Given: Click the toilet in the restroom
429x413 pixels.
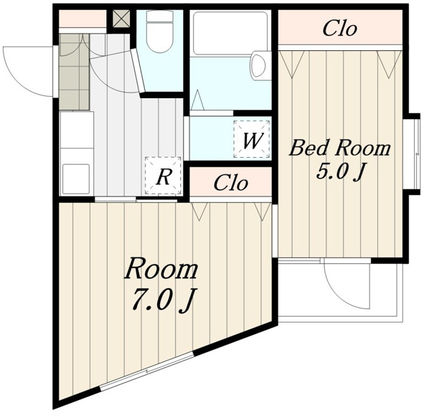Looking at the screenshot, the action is click(x=160, y=32).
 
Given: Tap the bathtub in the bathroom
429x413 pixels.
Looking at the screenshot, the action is click(x=230, y=33).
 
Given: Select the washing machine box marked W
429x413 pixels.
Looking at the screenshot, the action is click(x=252, y=139).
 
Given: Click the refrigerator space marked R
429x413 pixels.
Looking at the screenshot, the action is click(x=163, y=176).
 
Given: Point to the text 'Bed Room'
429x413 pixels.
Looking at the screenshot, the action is click(x=340, y=148).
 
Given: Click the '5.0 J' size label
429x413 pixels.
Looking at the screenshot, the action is click(x=341, y=172).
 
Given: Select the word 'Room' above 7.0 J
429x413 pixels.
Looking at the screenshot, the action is click(x=161, y=269).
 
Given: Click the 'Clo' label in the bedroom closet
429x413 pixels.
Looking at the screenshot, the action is click(x=340, y=29).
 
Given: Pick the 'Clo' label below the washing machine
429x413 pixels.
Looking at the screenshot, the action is click(x=231, y=182).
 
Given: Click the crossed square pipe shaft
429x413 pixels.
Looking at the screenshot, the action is click(x=122, y=19).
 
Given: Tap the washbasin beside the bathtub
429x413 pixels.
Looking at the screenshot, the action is click(x=258, y=65).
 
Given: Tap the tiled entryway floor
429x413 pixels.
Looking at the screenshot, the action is click(x=75, y=72).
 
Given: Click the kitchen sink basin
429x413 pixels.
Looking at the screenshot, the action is click(x=76, y=179).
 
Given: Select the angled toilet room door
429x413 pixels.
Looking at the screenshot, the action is click(x=138, y=72).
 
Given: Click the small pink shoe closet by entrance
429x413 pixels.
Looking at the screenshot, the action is click(x=82, y=19).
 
